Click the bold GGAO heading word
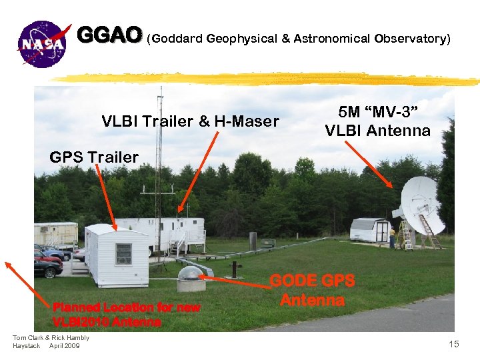click(109, 35)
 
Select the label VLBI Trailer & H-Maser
click(190, 121)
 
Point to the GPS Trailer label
click(94, 158)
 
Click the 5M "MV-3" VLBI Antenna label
click(377, 121)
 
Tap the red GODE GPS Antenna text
click(312, 290)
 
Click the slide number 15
click(454, 344)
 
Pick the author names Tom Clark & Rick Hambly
click(51, 338)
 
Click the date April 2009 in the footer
click(65, 346)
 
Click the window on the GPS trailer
click(123, 253)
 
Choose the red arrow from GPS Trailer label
click(107, 197)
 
